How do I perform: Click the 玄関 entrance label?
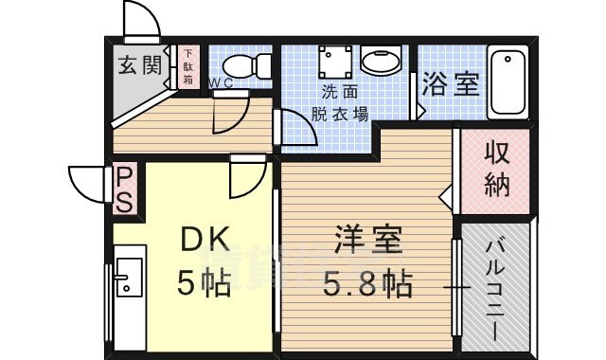139,64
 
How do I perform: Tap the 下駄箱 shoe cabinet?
188,67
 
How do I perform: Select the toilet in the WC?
247,66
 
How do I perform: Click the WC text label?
221,83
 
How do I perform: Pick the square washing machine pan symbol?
335,62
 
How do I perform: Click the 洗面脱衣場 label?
340,103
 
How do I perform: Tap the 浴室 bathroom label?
451,83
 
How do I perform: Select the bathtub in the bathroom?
508,82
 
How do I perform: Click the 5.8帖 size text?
367,284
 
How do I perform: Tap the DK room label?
205,240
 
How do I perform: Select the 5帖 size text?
204,284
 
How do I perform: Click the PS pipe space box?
124,189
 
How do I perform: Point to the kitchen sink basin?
130,277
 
